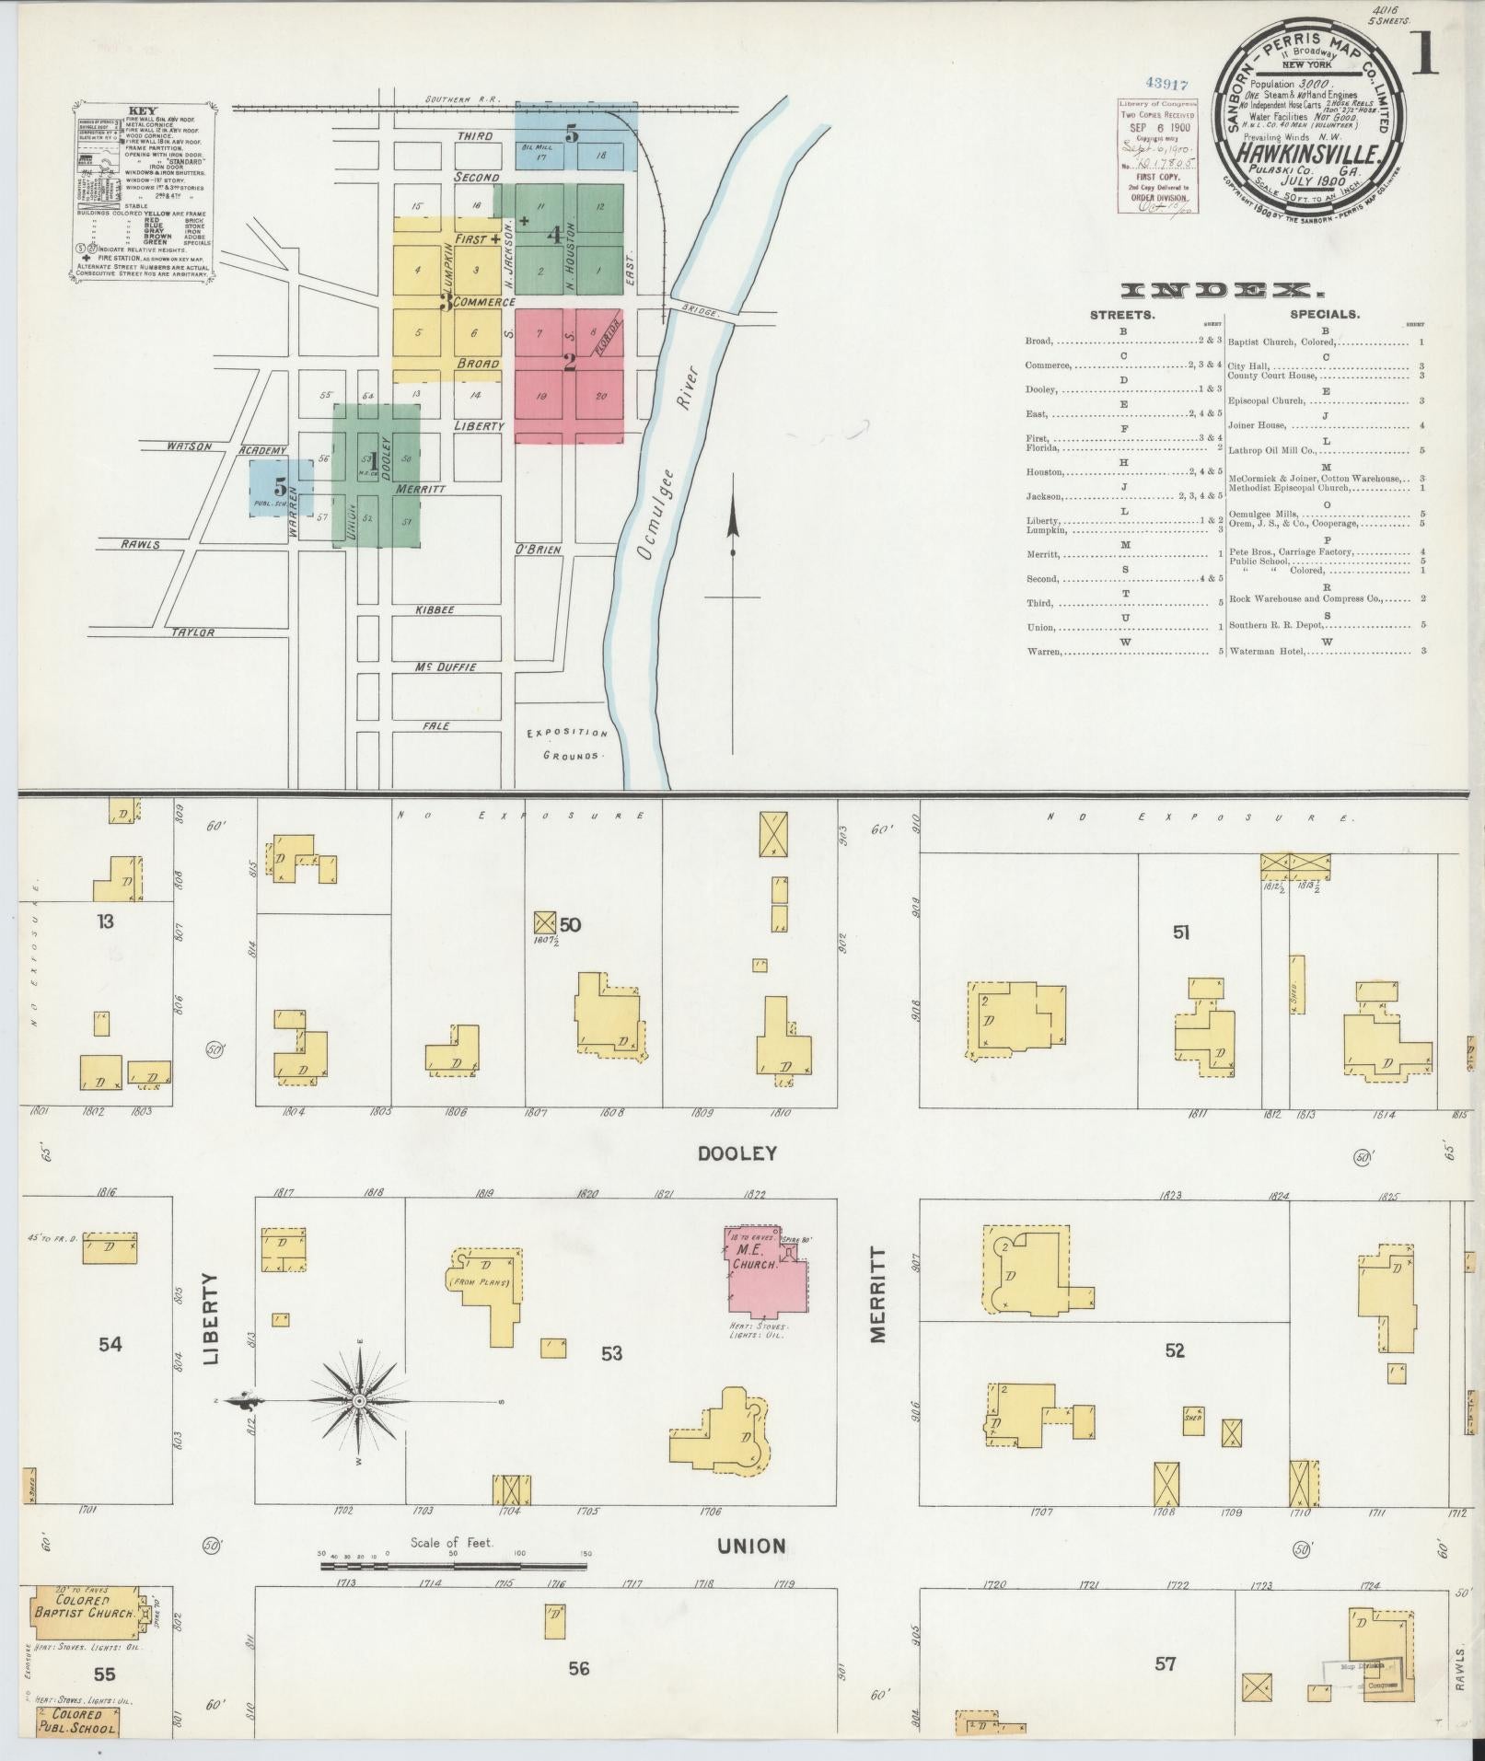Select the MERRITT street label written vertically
pos(877,1295)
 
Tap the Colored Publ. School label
pos(77,1720)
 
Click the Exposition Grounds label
pos(567,744)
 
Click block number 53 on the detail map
pos(611,1352)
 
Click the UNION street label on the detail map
pos(752,1546)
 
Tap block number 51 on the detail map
pos(1181,933)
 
